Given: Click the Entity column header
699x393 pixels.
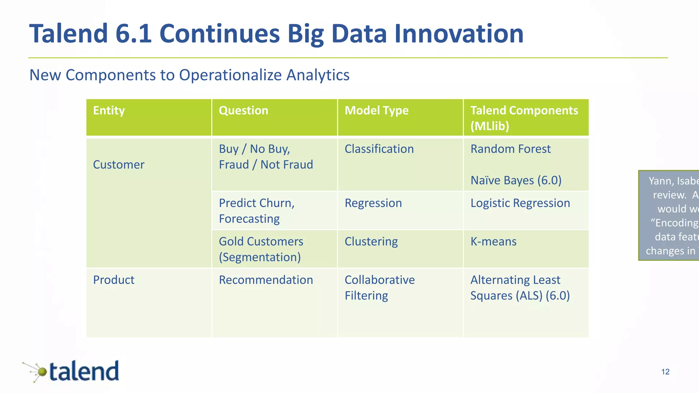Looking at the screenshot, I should coord(109,111).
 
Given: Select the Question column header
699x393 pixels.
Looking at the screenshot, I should coord(243,111).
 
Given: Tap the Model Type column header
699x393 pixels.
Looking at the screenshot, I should coord(376,111).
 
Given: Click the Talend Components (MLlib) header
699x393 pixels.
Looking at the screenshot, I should coord(524,118).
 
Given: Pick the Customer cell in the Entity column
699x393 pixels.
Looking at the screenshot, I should coord(119,165).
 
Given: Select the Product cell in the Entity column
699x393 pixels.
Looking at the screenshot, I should coord(114,280).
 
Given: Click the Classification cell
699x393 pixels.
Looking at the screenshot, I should coord(379,149).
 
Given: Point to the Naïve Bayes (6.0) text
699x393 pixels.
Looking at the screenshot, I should coord(516,180).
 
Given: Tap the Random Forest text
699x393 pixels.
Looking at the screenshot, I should coord(510,149).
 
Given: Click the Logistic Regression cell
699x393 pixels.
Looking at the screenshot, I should coord(520,203).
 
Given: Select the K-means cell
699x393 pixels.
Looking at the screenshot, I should coord(493,242).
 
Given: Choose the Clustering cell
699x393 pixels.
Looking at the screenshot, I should coord(371,242).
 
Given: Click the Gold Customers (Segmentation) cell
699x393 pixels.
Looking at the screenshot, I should coord(261,249).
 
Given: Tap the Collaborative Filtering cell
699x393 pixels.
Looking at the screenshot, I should coord(380,288).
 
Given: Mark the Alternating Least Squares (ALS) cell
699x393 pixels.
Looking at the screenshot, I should coord(520,288).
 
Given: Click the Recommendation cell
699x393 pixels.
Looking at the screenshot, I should coord(266,280).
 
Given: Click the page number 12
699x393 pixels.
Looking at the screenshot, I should coord(665,372).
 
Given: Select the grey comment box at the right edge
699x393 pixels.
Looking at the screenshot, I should coord(669,215).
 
